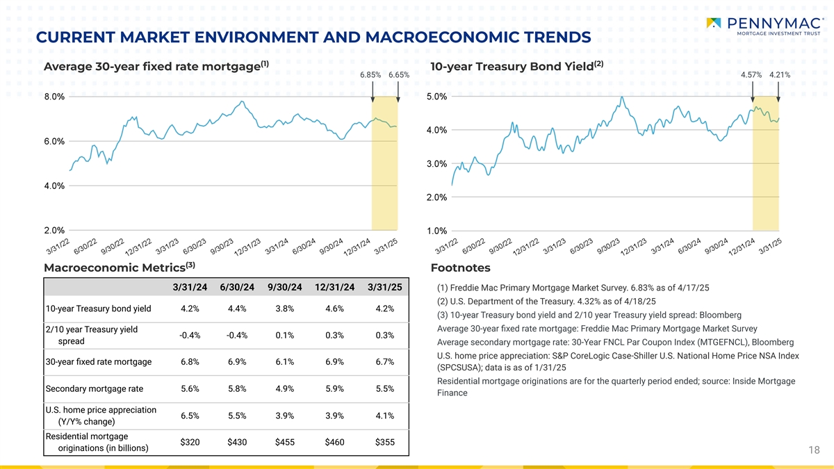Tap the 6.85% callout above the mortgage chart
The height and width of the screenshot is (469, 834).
pyautogui.click(x=370, y=75)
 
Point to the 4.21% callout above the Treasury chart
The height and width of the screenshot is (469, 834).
pyautogui.click(x=780, y=75)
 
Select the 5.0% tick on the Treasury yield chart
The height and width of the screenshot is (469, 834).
pyautogui.click(x=436, y=97)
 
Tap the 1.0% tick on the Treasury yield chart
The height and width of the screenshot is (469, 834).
pyautogui.click(x=436, y=231)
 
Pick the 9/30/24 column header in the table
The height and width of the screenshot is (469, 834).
pyautogui.click(x=284, y=288)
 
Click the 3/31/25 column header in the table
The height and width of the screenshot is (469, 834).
pyautogui.click(x=384, y=288)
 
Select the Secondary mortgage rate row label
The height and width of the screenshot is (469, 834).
pyautogui.click(x=94, y=388)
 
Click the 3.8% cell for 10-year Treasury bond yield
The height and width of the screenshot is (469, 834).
pyautogui.click(x=284, y=309)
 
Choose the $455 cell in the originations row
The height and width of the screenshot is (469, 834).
pyautogui.click(x=284, y=442)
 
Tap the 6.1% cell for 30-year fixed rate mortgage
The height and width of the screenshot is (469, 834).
pyautogui.click(x=284, y=362)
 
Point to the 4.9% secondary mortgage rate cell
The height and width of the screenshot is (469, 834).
pyautogui.click(x=284, y=388)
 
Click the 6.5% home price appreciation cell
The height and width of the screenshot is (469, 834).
pyautogui.click(x=190, y=415)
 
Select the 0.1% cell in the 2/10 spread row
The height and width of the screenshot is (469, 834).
pyautogui.click(x=284, y=336)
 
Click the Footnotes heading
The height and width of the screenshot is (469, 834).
pyautogui.click(x=460, y=268)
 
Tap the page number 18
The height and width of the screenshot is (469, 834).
pyautogui.click(x=815, y=450)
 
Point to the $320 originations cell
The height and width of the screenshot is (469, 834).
pyautogui.click(x=190, y=442)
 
